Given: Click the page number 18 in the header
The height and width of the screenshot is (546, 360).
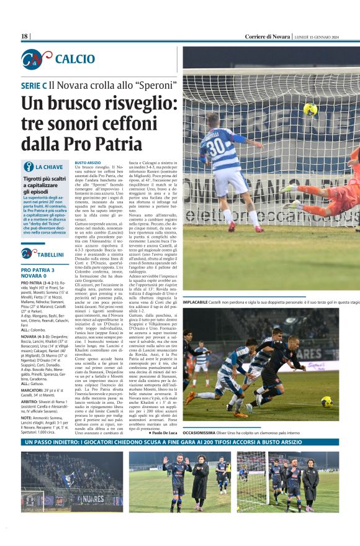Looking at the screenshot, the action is click(24, 37).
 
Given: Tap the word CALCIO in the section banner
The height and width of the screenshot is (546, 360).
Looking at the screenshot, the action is click(74, 59).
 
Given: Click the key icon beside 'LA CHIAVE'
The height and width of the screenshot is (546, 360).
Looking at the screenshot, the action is click(27, 166).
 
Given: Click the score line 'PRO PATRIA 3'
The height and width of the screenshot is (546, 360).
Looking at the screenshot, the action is click(38, 270).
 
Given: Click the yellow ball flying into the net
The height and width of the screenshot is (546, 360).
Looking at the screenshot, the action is click(310, 109).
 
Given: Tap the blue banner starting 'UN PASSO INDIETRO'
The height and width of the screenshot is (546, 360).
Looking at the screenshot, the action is click(180, 442).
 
